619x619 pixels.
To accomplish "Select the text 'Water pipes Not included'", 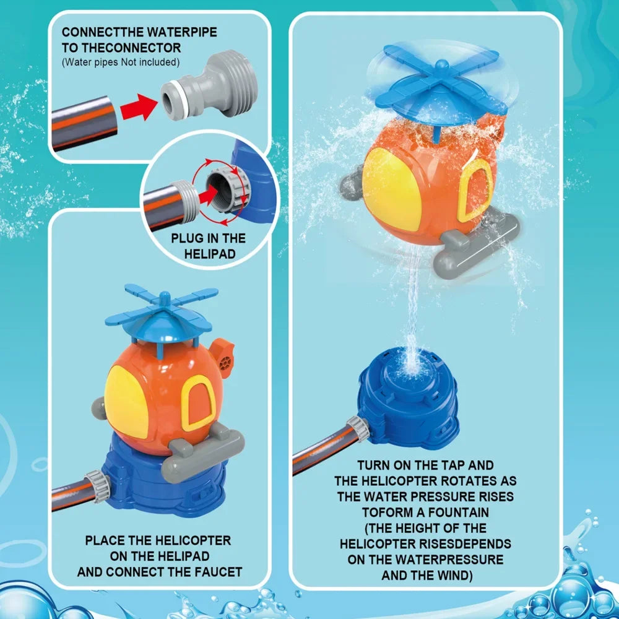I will click(121, 62).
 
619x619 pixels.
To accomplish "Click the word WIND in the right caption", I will click(455, 576).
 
